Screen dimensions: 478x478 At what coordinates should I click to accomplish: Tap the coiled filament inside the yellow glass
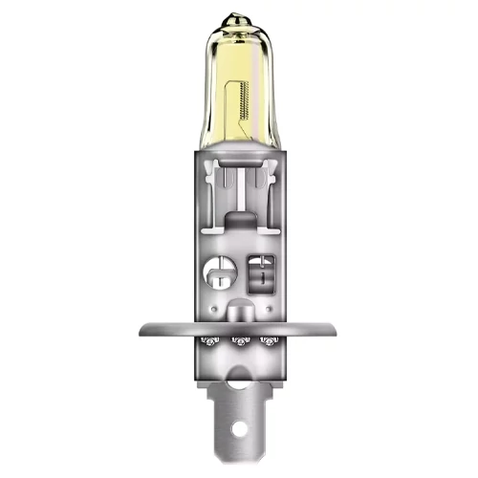pos(252,100)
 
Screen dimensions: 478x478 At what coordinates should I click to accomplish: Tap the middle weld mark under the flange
pos(239,342)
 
